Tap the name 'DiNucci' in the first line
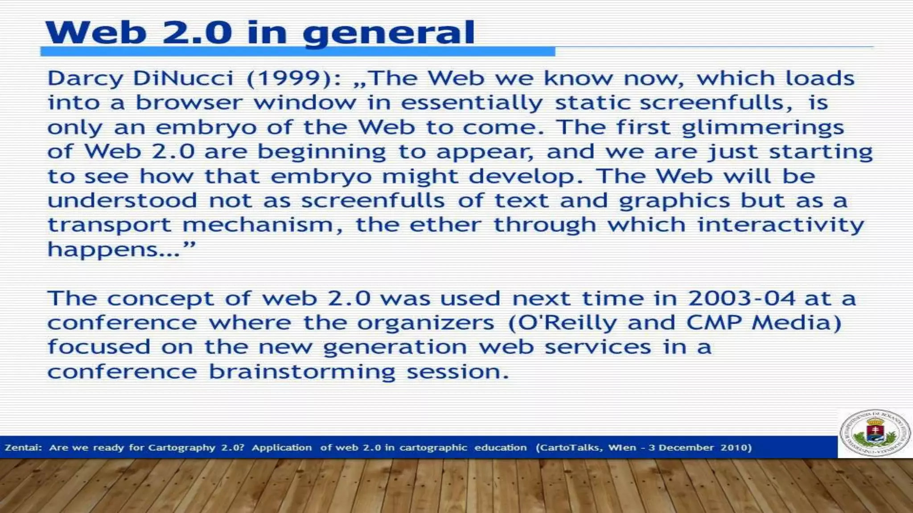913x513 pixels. [183, 79]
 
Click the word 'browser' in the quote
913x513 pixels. [189, 103]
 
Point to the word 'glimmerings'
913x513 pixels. [763, 128]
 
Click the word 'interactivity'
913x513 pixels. [781, 225]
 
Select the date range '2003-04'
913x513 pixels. [742, 298]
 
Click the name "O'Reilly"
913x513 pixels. [562, 323]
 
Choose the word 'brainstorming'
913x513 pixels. [302, 372]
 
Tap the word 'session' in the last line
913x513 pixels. [456, 372]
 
